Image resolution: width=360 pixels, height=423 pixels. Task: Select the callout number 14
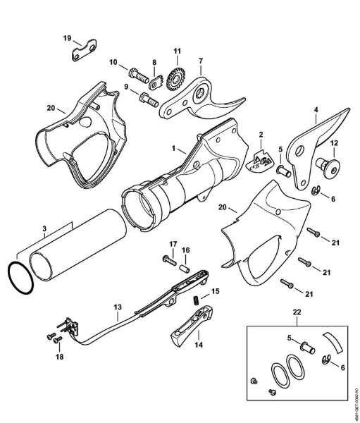198,345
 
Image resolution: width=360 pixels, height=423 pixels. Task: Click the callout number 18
58,358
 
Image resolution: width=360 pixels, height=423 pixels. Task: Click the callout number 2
260,135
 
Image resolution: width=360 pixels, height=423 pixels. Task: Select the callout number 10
113,63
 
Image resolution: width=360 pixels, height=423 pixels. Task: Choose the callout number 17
169,245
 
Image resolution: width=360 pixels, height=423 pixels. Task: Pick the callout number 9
126,87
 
